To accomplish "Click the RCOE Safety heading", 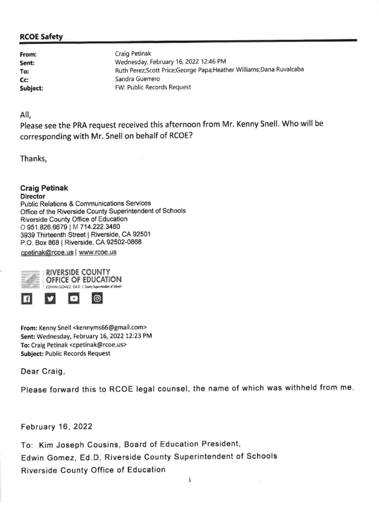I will (x=41, y=36).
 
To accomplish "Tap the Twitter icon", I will (x=50, y=299).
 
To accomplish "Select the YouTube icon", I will (x=74, y=299).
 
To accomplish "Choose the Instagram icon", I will (x=97, y=299).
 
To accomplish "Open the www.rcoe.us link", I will (x=98, y=252).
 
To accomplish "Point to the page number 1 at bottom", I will (x=189, y=480).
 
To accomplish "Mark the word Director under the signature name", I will (x=33, y=196).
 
